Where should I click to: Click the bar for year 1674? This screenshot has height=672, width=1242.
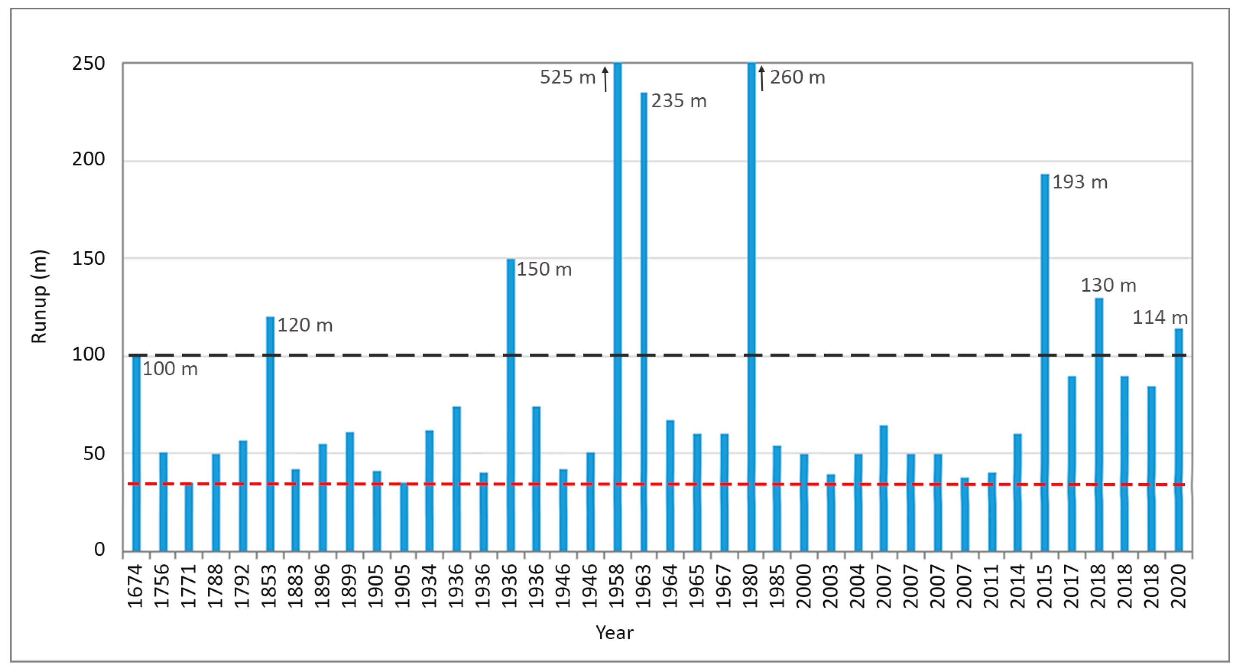(136, 453)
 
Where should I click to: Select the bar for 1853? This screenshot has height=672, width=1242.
(270, 434)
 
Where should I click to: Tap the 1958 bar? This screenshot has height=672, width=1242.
(617, 309)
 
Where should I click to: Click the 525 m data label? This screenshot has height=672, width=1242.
(568, 77)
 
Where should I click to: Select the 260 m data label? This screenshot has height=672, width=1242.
(797, 77)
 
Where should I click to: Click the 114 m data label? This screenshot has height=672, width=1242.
(1159, 317)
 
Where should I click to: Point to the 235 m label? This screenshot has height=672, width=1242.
(679, 101)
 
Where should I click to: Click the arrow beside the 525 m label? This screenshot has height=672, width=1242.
(605, 79)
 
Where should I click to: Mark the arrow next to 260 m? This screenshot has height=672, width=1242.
(762, 79)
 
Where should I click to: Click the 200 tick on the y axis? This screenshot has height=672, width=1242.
(89, 159)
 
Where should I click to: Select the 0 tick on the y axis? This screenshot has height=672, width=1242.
(99, 549)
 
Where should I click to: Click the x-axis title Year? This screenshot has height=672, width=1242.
(614, 632)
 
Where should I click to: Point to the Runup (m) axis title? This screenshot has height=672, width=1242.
(40, 296)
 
